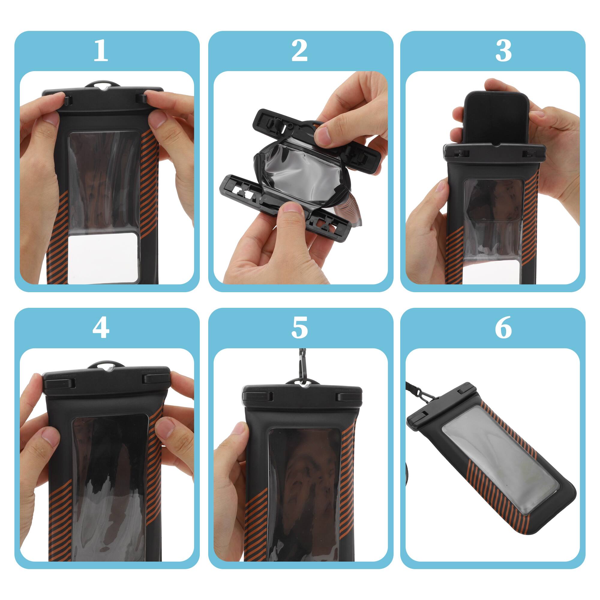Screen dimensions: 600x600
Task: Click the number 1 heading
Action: coord(100,51)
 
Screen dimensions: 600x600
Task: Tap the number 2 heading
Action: coord(299,51)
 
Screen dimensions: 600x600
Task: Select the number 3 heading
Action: coord(503,51)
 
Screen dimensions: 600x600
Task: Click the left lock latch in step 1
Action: coord(69,100)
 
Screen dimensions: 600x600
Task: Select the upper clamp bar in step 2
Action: coord(314,136)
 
